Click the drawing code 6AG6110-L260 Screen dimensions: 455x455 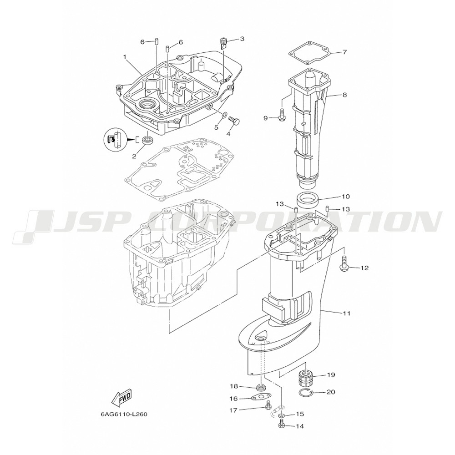[x=124, y=415]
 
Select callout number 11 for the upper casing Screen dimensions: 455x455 [x=347, y=313]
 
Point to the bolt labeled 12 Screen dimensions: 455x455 [x=345, y=264]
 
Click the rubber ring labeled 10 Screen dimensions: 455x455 [x=308, y=199]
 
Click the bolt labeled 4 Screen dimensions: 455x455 [x=235, y=120]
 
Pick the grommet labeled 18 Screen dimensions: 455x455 [x=261, y=388]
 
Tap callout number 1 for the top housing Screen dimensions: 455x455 [x=124, y=57]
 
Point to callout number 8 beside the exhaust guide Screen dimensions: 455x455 [x=345, y=95]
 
